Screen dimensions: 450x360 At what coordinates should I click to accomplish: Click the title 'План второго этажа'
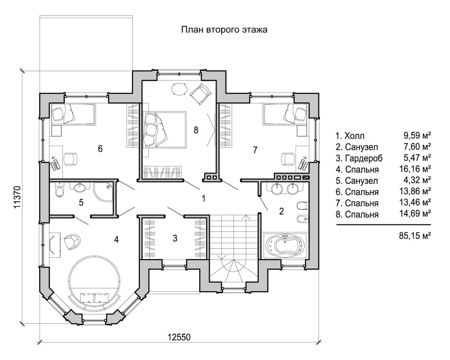point(224,30)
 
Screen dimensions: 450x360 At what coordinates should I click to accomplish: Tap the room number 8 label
point(196,130)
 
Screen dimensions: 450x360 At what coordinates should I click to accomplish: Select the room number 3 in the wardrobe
point(175,238)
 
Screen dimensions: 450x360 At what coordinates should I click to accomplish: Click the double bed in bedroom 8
point(164,130)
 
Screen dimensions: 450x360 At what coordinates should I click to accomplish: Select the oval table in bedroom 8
point(180,89)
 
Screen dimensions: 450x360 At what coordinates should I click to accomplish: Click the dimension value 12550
point(179,337)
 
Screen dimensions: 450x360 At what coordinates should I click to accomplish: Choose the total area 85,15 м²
point(415,236)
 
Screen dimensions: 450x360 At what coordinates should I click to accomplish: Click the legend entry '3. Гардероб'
point(359,158)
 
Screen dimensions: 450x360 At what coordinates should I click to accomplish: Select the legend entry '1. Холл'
point(350,135)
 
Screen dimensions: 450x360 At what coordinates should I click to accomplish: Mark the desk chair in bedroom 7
point(288,159)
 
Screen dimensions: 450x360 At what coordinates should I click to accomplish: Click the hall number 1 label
point(203,198)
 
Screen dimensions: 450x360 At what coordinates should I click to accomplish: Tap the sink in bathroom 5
point(79,188)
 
